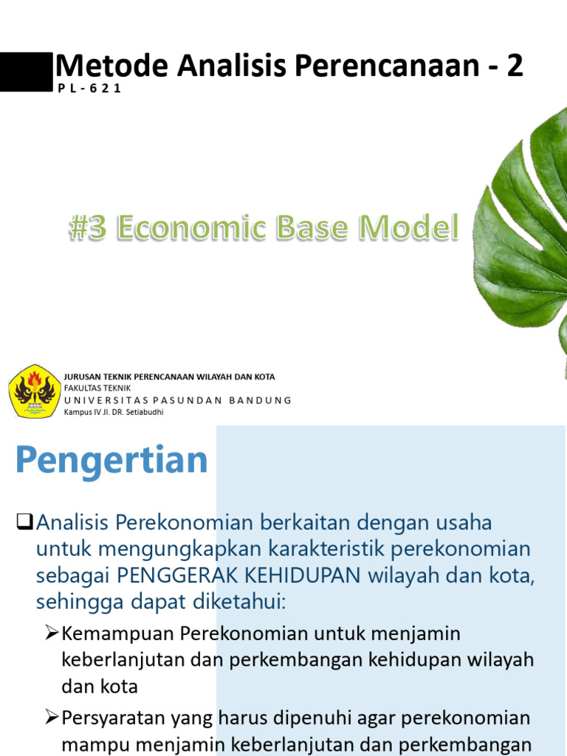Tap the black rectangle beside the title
[26, 72]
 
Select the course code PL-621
[89, 89]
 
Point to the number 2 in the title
[515, 66]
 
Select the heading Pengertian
[111, 461]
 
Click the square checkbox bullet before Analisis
[24, 523]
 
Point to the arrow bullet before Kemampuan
[52, 633]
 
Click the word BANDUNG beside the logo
[261, 400]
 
